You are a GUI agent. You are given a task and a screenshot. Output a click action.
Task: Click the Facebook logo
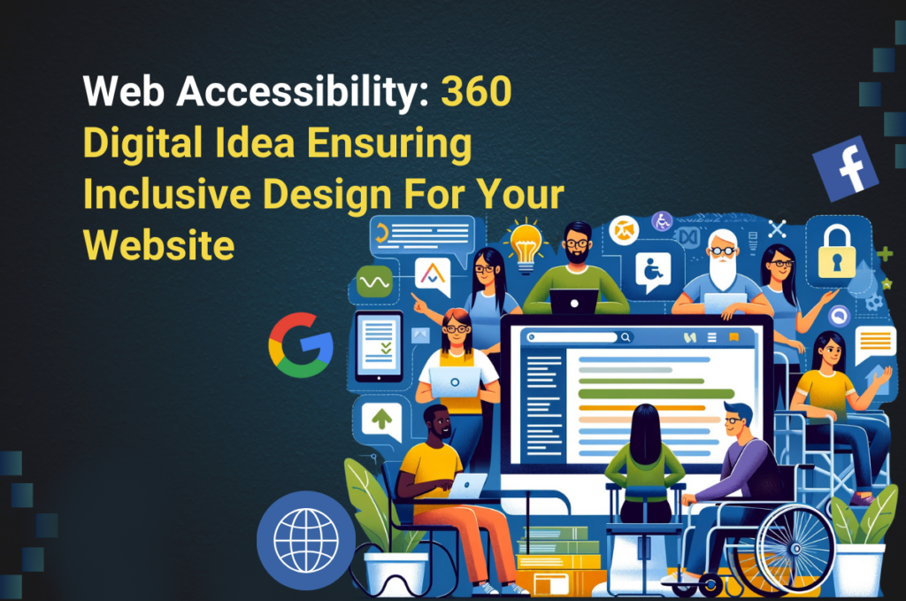pos(845,168)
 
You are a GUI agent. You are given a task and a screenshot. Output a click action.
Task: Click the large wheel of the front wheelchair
pos(792,549)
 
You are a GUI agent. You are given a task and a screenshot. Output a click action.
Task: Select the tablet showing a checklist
pos(378,345)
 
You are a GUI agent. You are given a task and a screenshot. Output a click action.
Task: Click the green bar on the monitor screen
pos(655,393)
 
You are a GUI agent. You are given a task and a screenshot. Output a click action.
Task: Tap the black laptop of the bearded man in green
pos(573,302)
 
